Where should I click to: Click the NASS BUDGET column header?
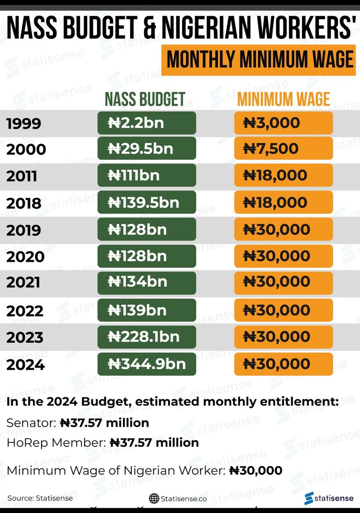(x=145, y=99)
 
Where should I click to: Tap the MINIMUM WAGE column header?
(x=283, y=99)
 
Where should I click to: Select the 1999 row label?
(x=24, y=124)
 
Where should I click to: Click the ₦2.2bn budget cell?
(x=147, y=123)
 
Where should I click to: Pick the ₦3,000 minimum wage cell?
(x=283, y=123)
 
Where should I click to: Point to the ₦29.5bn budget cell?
(x=147, y=149)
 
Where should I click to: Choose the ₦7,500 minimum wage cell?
(x=283, y=149)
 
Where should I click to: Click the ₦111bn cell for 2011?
(x=147, y=175)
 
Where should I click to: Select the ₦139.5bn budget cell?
(x=147, y=202)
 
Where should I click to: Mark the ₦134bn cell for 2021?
(x=147, y=282)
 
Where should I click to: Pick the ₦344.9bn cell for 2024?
(x=147, y=364)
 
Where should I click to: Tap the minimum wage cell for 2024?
(x=283, y=364)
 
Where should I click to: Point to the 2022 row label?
(x=25, y=311)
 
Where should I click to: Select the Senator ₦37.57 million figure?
(x=104, y=423)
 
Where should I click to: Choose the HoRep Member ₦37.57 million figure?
(x=154, y=442)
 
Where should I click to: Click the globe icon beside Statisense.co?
(x=154, y=498)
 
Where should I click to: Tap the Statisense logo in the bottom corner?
(x=329, y=498)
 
